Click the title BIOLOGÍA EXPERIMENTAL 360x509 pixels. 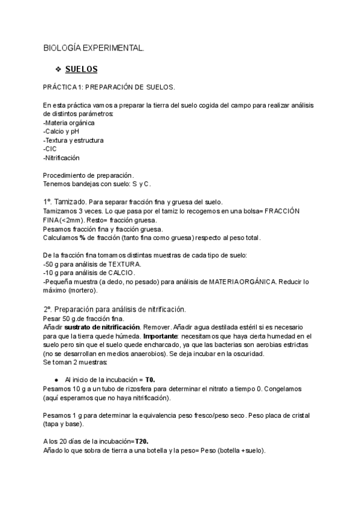94,47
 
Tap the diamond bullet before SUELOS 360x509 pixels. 58,69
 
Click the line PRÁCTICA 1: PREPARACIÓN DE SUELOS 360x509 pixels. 109,87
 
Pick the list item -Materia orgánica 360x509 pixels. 69,122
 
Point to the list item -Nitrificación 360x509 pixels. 61,158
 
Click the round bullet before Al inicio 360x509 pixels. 56,380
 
